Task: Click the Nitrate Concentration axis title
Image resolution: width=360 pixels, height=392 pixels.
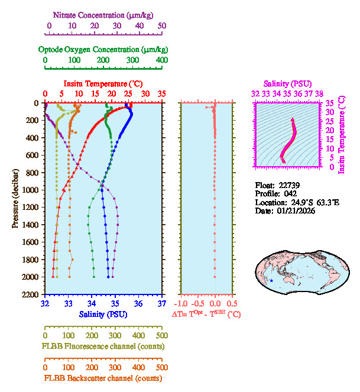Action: pyautogui.click(x=105, y=14)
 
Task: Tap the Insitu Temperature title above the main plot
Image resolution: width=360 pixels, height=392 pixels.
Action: pyautogui.click(x=103, y=83)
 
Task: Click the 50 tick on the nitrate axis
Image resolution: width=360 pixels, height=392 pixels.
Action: pyautogui.click(x=162, y=26)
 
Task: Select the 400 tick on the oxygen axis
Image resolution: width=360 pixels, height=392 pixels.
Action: pyautogui.click(x=162, y=60)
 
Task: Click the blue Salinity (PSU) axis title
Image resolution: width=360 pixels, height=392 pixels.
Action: pyautogui.click(x=104, y=314)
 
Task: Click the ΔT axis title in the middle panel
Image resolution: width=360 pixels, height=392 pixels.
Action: pyautogui.click(x=206, y=315)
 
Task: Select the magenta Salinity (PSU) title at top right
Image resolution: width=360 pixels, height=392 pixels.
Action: pyautogui.click(x=287, y=83)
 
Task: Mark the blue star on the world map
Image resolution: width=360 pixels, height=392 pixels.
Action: pyautogui.click(x=271, y=280)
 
